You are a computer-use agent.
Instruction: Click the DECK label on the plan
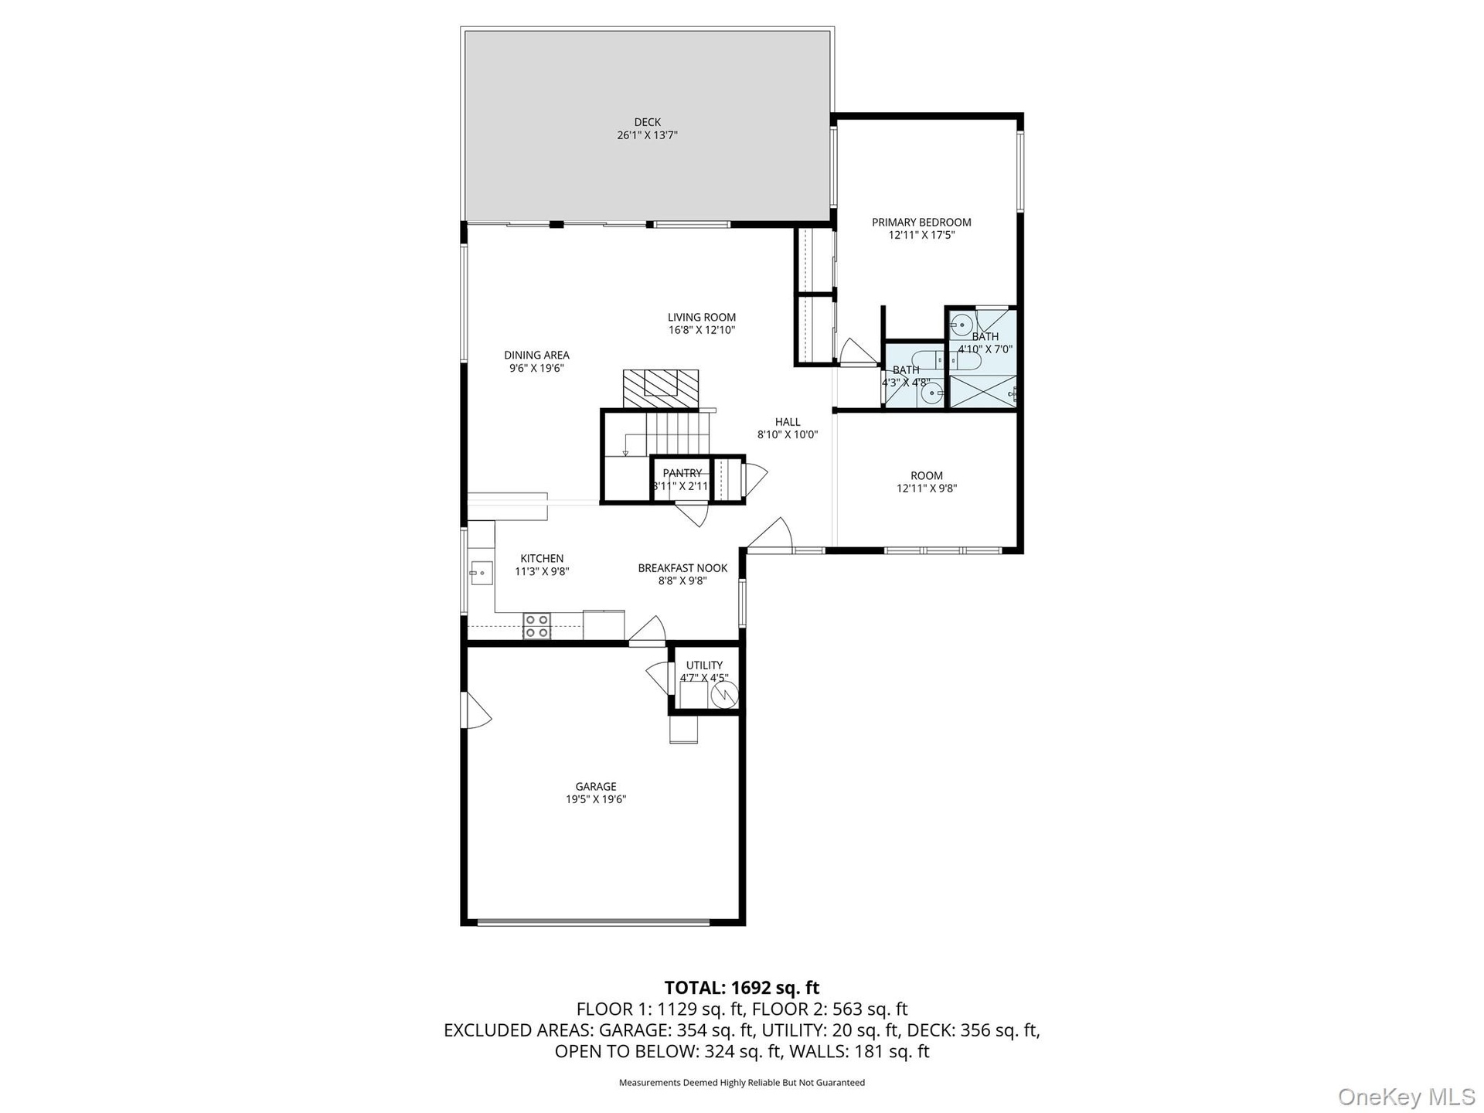click(x=647, y=122)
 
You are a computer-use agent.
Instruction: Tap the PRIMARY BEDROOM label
click(x=921, y=223)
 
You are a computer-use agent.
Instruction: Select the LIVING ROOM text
click(x=702, y=317)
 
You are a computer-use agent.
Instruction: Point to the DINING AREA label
click(x=536, y=356)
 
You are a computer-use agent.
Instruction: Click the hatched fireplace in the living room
click(x=661, y=389)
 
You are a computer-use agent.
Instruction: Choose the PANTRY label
click(x=682, y=473)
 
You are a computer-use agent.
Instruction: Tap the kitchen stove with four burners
click(x=537, y=626)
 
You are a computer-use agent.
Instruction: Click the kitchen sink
click(x=482, y=573)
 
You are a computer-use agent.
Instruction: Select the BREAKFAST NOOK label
click(x=682, y=568)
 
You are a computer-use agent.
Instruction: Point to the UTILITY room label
click(x=704, y=665)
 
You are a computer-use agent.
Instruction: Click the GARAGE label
click(x=595, y=787)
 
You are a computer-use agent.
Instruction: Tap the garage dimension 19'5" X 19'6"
click(x=595, y=800)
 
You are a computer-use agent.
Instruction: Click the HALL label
click(x=788, y=422)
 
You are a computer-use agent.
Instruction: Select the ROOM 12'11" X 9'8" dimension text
click(x=927, y=488)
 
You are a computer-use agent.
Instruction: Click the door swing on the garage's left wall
click(x=476, y=710)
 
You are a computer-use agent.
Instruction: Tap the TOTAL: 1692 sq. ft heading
click(x=742, y=988)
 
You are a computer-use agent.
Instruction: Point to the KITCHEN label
click(x=542, y=559)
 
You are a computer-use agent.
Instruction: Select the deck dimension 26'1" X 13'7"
click(x=647, y=135)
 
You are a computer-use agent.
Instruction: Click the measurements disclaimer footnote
click(x=742, y=1083)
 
